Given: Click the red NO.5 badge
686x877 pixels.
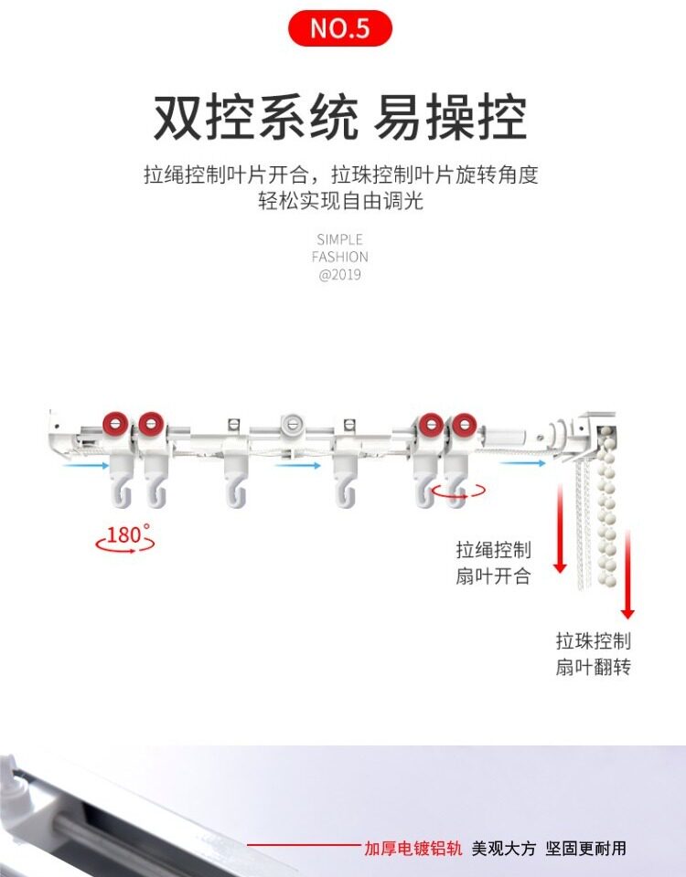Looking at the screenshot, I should point(340,28).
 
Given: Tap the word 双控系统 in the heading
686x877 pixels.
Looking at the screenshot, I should point(255,116).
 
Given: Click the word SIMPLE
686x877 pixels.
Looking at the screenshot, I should point(339,239).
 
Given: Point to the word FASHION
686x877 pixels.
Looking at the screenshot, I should point(339,257).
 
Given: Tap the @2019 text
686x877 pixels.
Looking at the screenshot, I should point(339,275).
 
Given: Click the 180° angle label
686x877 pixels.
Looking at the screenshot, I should point(126,534).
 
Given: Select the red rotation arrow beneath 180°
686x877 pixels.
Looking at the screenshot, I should point(125,546).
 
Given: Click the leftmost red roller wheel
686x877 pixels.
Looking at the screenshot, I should point(115,423).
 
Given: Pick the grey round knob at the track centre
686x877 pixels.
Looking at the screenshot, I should point(291,423).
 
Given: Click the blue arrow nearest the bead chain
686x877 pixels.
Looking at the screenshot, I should point(523,463).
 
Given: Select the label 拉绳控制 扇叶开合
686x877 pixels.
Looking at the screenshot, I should point(493,563).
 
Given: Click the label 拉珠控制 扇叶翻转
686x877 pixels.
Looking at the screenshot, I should point(593,654).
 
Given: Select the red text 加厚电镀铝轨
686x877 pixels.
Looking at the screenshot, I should point(413,849).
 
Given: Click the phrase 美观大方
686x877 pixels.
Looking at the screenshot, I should point(504,849).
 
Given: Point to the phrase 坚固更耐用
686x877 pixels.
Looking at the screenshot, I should point(586,849).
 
